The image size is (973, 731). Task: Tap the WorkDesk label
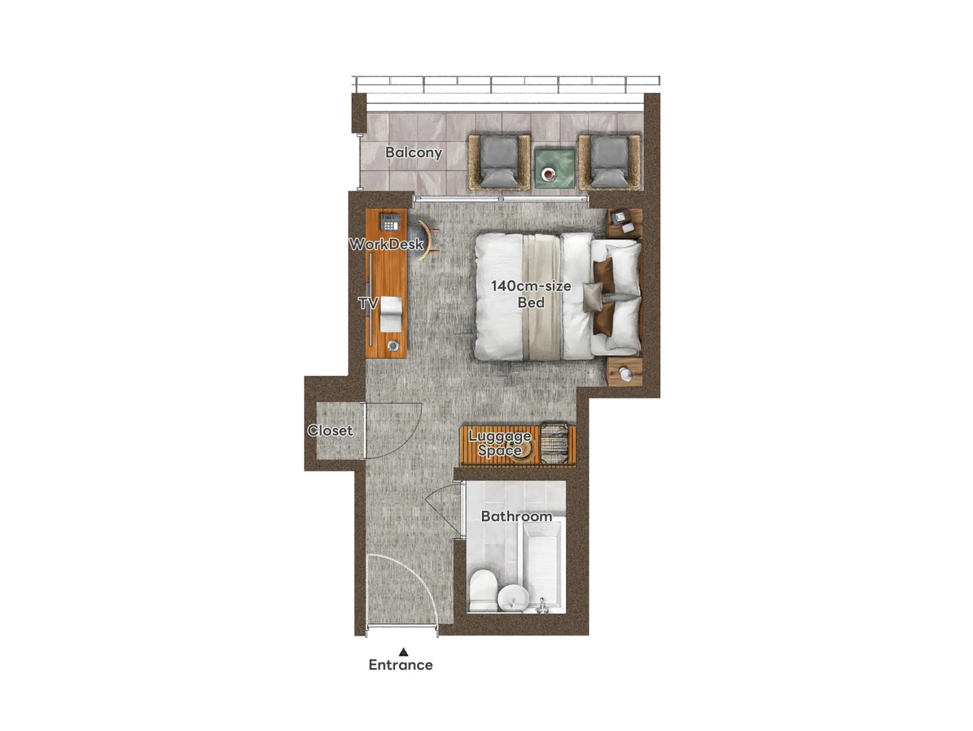click(x=386, y=244)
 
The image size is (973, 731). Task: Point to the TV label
click(x=368, y=303)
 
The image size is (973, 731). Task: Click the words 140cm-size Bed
click(x=531, y=294)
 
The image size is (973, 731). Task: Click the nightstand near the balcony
click(x=625, y=224)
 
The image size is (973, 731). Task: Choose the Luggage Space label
click(x=500, y=443)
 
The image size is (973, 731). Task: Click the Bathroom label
click(x=516, y=516)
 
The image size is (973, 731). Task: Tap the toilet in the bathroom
click(x=483, y=588)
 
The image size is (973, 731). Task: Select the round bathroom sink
click(x=513, y=598)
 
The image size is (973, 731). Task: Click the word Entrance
click(x=400, y=665)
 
